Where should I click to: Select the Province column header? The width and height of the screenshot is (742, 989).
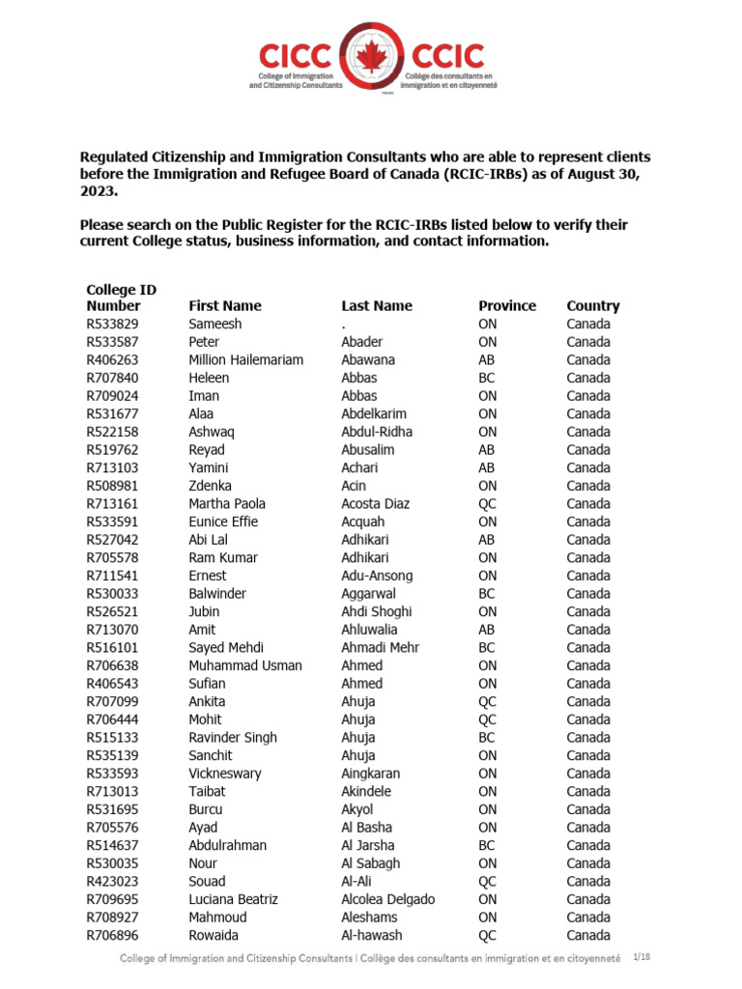click(x=506, y=306)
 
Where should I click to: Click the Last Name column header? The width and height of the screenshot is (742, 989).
click(x=376, y=306)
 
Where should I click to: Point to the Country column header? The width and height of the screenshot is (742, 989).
click(x=592, y=306)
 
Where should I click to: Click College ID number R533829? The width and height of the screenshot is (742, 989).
click(x=112, y=325)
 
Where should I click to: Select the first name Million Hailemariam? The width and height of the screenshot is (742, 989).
click(x=245, y=360)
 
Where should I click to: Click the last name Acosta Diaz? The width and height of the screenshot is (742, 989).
click(x=375, y=504)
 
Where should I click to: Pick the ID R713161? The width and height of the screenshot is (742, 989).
click(x=112, y=504)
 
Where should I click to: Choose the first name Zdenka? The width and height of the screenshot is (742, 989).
click(x=210, y=486)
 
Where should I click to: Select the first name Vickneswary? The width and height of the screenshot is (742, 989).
click(x=224, y=774)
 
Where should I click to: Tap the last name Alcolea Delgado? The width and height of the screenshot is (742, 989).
click(x=387, y=899)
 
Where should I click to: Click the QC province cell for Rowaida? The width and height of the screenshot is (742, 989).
click(x=488, y=935)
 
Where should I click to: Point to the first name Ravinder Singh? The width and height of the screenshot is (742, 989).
click(x=232, y=738)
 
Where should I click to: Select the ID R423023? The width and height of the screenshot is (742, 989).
click(x=112, y=881)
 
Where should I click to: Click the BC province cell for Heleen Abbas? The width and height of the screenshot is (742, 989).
click(x=487, y=378)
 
